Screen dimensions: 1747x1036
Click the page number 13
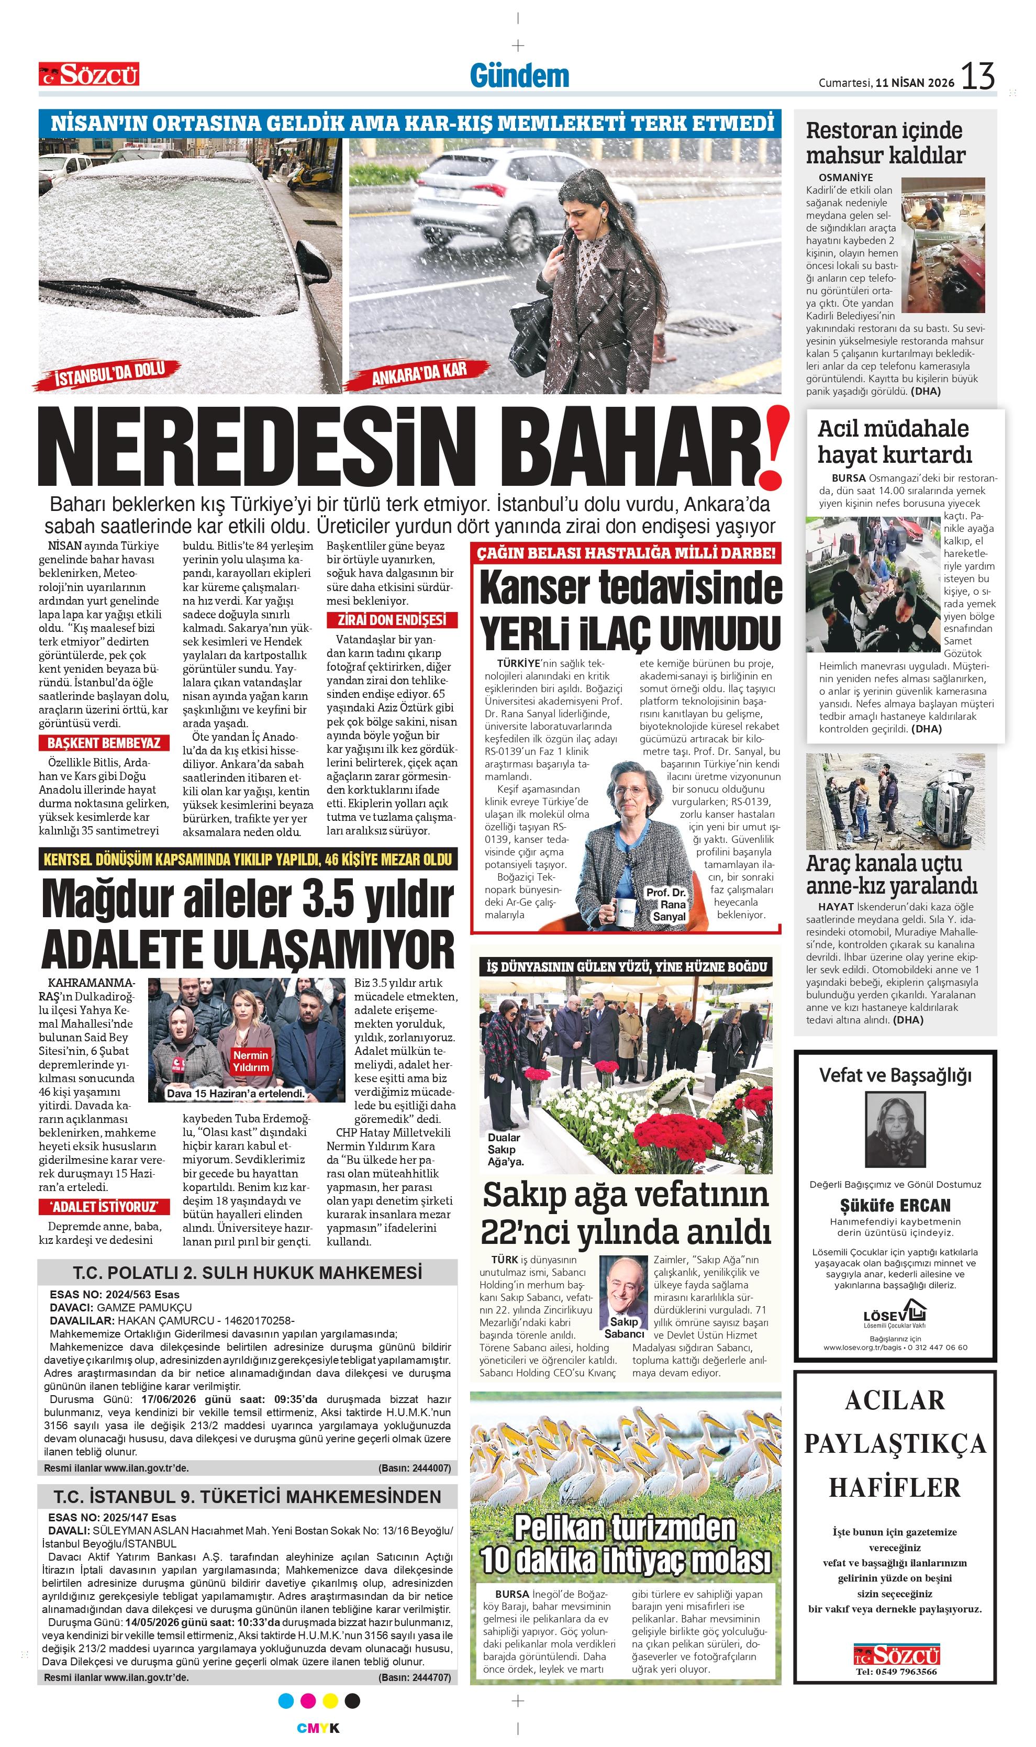[977, 76]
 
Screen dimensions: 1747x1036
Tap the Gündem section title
[519, 75]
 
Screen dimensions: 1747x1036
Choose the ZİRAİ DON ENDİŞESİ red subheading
[392, 620]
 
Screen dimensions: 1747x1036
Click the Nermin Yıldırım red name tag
[251, 1061]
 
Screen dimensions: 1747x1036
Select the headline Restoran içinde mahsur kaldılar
[885, 142]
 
